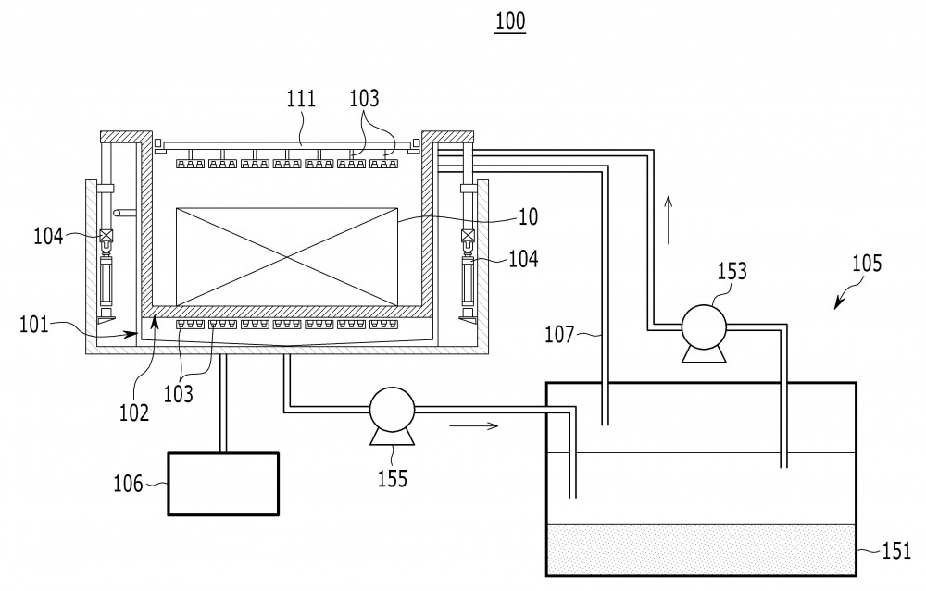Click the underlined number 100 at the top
click(x=510, y=21)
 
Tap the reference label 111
click(x=301, y=98)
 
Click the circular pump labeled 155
click(x=392, y=410)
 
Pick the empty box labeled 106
click(x=223, y=484)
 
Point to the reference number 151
click(x=896, y=551)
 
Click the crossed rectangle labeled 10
click(x=287, y=256)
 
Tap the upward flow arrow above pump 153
click(x=669, y=219)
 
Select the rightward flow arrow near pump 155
click(x=473, y=425)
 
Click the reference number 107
click(x=559, y=335)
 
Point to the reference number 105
click(x=867, y=263)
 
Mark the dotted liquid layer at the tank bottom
click(x=702, y=549)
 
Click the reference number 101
click(x=33, y=324)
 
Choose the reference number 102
click(x=134, y=412)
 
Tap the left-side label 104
click(x=48, y=236)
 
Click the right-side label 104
click(x=523, y=258)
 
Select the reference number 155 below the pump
click(x=393, y=478)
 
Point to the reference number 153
click(x=732, y=271)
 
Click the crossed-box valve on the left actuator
click(x=106, y=235)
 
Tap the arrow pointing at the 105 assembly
click(x=845, y=295)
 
